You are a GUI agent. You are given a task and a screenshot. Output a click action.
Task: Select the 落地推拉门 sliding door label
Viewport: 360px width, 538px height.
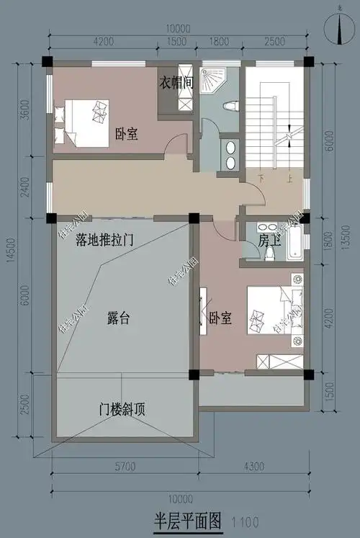pyautogui.click(x=107, y=240)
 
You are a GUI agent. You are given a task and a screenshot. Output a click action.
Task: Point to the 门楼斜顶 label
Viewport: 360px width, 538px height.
pyautogui.click(x=122, y=411)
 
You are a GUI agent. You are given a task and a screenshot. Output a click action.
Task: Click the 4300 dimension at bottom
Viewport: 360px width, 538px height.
pyautogui.click(x=257, y=467)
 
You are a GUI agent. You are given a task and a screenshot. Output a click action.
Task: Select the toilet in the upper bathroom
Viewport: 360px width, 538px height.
pyautogui.click(x=230, y=106)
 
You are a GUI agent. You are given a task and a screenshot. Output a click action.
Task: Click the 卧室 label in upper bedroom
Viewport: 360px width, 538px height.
pyautogui.click(x=126, y=134)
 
